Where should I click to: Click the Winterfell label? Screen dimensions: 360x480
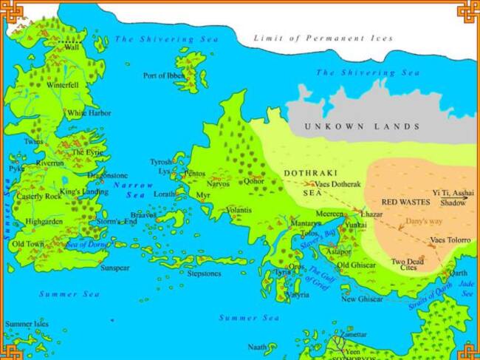click(63, 86)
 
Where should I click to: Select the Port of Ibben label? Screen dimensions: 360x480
click(163, 76)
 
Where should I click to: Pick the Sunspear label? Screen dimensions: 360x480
click(115, 267)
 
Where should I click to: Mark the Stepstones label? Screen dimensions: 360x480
click(204, 273)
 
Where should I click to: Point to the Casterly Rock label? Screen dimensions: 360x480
click(33, 197)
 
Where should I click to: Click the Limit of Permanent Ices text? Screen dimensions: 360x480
click(323, 38)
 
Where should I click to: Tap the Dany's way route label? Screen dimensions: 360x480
click(423, 221)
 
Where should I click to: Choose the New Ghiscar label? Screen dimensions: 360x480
click(362, 299)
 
